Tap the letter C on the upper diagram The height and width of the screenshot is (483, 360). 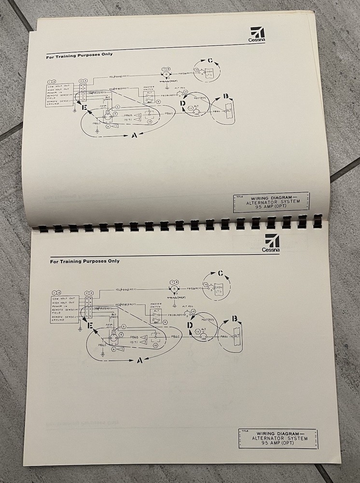coord(209,61)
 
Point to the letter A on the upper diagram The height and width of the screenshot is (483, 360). coord(134,136)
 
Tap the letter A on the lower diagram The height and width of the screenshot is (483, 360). coord(139,360)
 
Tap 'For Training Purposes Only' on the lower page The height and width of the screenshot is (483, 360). coord(85,261)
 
